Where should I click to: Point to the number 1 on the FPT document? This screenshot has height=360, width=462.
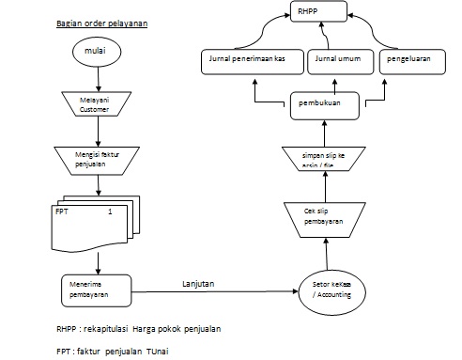coord(110,212)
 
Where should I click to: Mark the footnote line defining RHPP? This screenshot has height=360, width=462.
coord(139,330)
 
